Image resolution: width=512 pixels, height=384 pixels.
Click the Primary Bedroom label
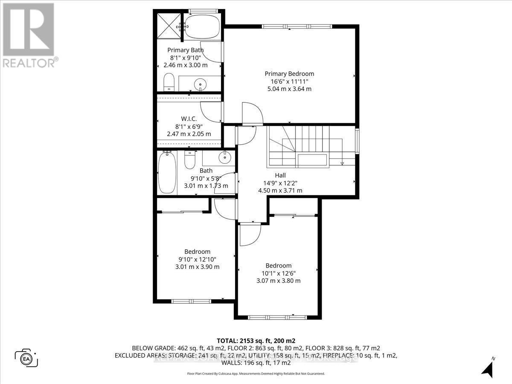coord(289,73)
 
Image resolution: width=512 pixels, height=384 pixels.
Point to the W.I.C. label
coord(189,119)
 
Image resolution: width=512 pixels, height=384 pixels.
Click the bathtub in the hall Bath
coord(166,174)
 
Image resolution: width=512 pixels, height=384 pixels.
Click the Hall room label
coord(280,175)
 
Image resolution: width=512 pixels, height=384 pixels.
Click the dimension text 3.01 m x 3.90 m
coord(197,267)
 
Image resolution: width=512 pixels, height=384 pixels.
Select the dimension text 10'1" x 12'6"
coord(279,273)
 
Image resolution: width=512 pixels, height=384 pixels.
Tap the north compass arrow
coord(489,367)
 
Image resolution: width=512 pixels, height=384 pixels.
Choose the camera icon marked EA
coord(26,358)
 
